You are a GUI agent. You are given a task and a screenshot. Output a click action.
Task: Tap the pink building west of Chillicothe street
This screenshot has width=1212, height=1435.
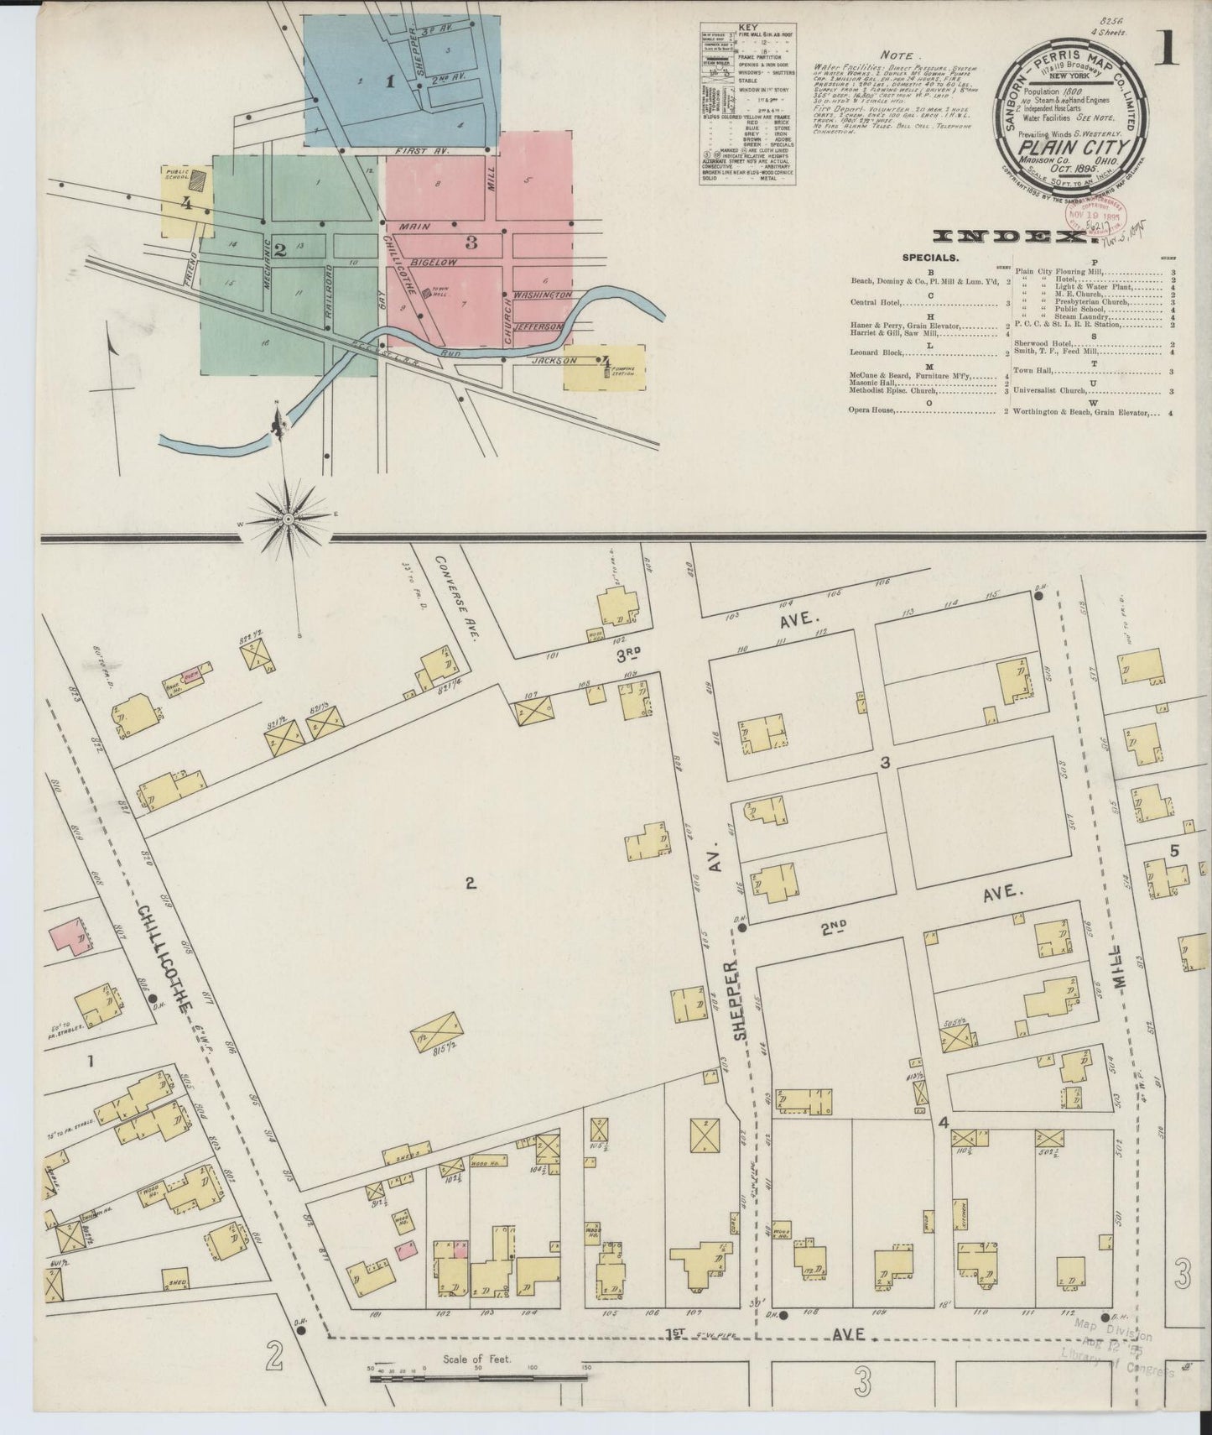click(71, 938)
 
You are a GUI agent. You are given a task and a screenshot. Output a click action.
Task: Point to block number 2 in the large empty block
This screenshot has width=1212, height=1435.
click(471, 883)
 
